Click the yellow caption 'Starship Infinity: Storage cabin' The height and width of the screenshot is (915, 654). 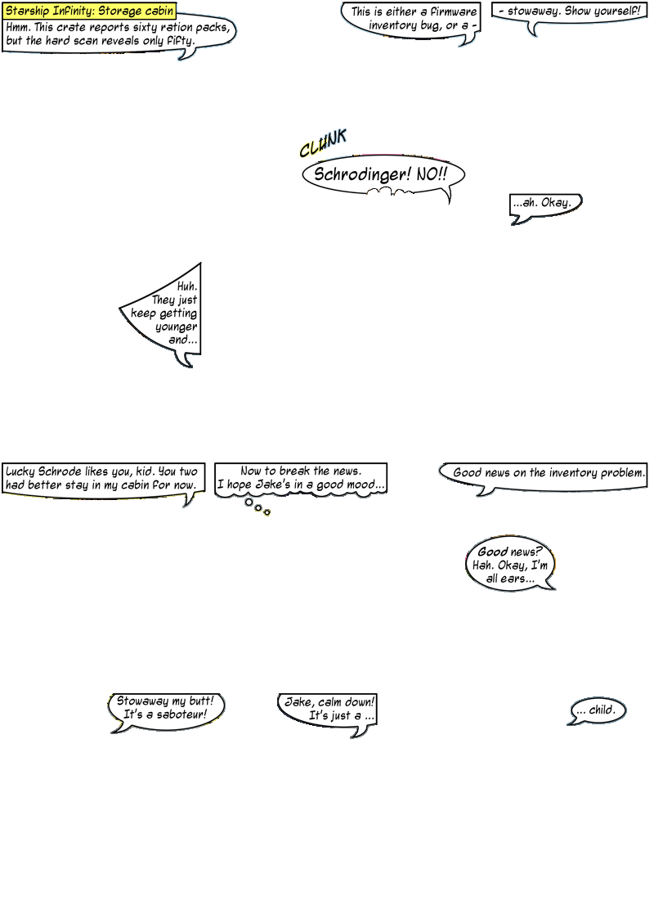[89, 11]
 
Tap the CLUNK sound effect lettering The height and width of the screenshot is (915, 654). [323, 143]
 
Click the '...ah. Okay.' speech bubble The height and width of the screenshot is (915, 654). [545, 208]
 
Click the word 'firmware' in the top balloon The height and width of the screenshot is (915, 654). [454, 11]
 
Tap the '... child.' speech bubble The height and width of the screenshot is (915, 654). [597, 711]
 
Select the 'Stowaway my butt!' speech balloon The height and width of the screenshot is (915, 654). [166, 711]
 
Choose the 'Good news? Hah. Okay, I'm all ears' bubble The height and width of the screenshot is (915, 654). [510, 565]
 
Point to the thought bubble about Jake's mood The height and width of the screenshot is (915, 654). [301, 480]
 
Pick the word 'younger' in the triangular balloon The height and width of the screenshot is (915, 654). [176, 327]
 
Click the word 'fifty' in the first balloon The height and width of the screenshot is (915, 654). [181, 41]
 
